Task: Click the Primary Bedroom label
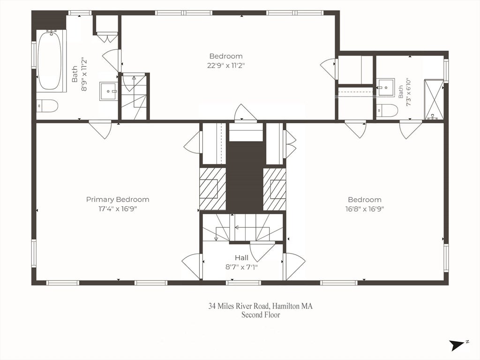click(118, 200)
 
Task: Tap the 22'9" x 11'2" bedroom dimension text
click(226, 66)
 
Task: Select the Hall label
click(241, 258)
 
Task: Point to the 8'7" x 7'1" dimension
click(241, 267)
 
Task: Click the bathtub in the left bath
click(50, 61)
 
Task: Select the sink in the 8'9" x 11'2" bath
click(108, 91)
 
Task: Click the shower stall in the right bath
click(434, 99)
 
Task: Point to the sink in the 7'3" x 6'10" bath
click(386, 88)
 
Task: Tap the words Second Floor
click(261, 315)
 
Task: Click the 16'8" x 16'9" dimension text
click(365, 209)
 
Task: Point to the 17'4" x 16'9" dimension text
click(117, 209)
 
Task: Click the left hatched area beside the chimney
click(212, 189)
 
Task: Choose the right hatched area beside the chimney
click(274, 189)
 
